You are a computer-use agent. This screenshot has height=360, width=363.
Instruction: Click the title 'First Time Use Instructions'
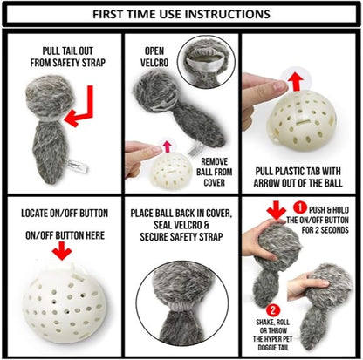[x=181, y=14]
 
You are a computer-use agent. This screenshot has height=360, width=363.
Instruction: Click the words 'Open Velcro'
[x=154, y=57]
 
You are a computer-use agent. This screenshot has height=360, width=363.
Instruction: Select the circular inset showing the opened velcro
[x=206, y=63]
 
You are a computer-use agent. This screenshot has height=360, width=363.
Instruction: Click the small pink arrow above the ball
[x=167, y=146]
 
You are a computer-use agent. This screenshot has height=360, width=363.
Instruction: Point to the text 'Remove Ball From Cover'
[x=215, y=172]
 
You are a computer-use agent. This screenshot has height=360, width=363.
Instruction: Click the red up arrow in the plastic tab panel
[x=296, y=82]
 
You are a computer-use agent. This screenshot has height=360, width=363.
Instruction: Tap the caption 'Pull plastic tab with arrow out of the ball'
[x=298, y=177]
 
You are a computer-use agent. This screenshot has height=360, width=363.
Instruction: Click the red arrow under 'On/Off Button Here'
[x=63, y=250]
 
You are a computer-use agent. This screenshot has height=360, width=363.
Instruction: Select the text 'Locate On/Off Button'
[x=65, y=214]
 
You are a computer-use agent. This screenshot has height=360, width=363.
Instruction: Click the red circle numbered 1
[x=300, y=208]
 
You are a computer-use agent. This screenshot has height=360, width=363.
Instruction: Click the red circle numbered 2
[x=272, y=310]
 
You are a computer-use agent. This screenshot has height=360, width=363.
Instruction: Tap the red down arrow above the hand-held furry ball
[x=276, y=210]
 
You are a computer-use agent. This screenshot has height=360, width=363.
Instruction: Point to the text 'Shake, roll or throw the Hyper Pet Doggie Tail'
[x=273, y=335]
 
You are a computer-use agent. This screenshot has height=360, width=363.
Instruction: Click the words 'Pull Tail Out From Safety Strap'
[x=68, y=57]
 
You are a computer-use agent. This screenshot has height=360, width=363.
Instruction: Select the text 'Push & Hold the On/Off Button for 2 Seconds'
[x=318, y=220]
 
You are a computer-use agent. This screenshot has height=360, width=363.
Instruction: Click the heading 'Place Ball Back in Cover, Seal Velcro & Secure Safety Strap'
[x=181, y=225]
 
